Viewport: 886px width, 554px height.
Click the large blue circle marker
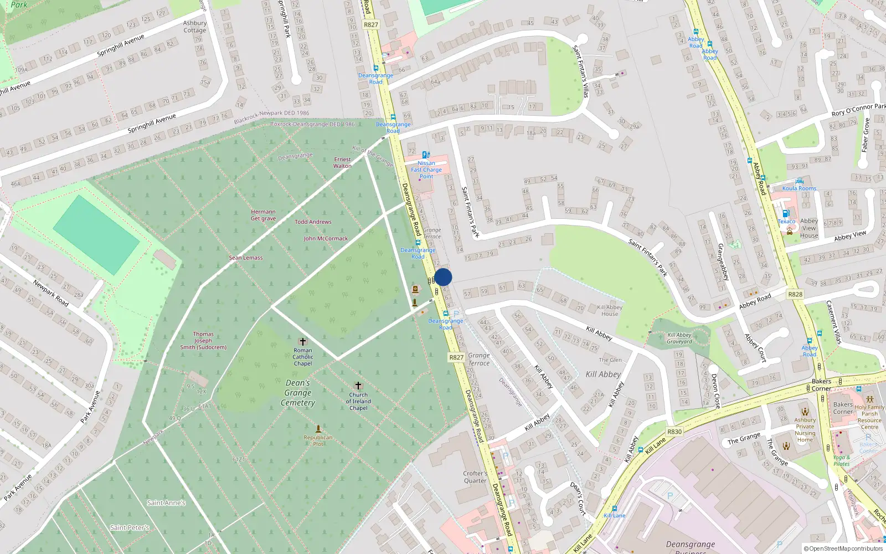(x=443, y=277)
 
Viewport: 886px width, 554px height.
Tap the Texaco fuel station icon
(x=785, y=214)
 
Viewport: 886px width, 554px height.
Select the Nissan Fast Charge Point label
(x=426, y=170)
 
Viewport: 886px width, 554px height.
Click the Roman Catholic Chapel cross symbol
(x=302, y=342)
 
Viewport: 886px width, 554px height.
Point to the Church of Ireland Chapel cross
(x=358, y=386)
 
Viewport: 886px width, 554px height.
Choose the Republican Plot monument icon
(x=318, y=429)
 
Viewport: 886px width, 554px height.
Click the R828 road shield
(x=795, y=294)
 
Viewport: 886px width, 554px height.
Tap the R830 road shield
(x=674, y=432)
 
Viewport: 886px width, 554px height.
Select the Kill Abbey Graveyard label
(x=679, y=338)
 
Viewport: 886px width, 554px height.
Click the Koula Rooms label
(x=799, y=188)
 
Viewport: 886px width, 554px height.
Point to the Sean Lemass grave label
(x=246, y=258)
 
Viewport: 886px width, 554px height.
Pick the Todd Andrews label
(x=313, y=222)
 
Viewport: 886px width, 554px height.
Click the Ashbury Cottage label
(x=195, y=27)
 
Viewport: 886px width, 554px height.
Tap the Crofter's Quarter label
(x=475, y=477)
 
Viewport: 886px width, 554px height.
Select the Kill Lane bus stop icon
(x=614, y=508)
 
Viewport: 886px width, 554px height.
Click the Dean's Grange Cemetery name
(x=298, y=393)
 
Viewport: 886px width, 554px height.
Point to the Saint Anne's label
(x=166, y=503)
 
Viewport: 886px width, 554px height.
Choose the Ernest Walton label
(x=342, y=162)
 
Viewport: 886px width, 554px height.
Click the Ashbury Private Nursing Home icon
(x=805, y=412)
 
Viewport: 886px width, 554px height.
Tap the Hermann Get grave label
(x=263, y=215)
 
